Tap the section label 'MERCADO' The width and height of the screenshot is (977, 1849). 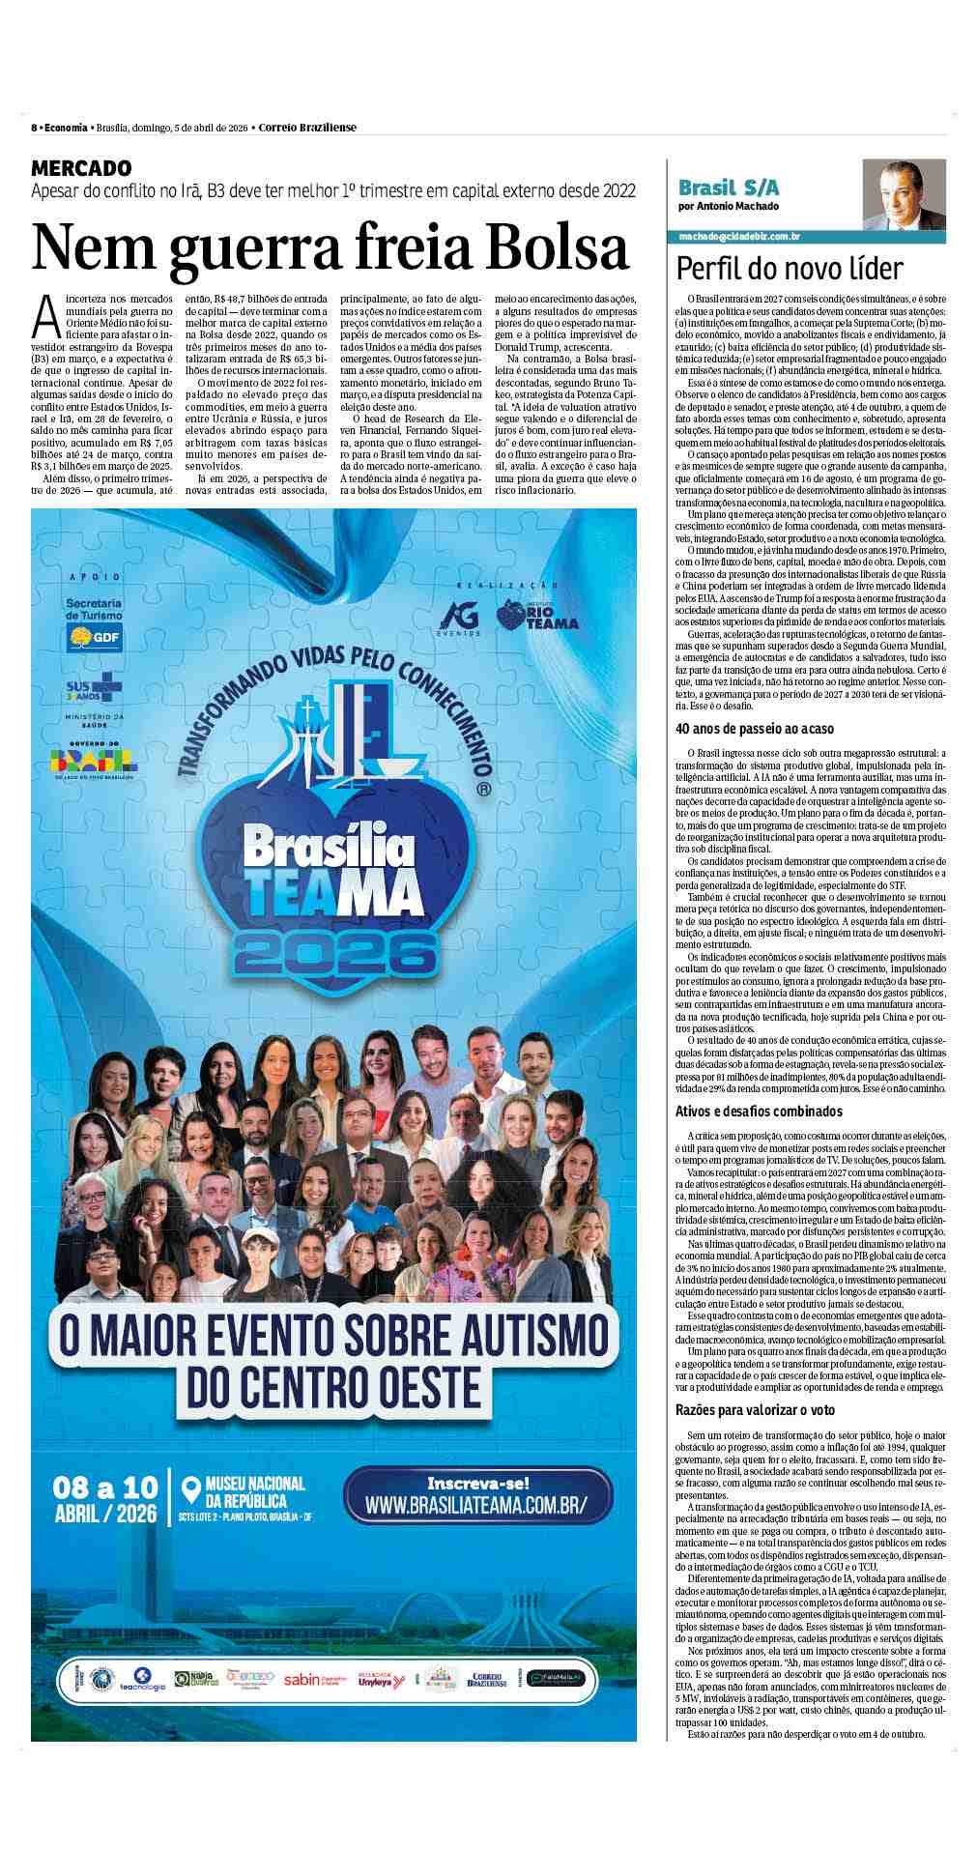[x=81, y=168]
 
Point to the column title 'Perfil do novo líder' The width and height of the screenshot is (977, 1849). [x=790, y=268]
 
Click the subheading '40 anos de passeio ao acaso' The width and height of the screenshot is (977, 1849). [x=754, y=729]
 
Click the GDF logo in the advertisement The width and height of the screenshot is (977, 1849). [x=94, y=637]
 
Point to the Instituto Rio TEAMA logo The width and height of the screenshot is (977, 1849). [x=538, y=615]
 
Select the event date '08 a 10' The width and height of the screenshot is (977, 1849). [x=105, y=1486]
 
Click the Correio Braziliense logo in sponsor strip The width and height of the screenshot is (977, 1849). [x=487, y=1707]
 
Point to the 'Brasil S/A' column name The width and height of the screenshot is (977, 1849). [x=730, y=188]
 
